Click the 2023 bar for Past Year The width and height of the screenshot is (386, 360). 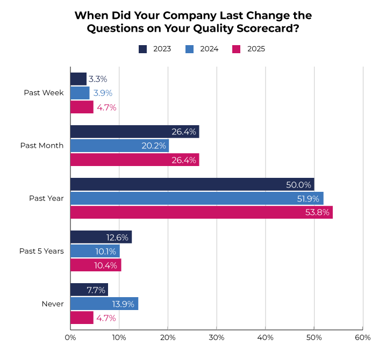[192, 184]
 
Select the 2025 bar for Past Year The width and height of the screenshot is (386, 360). [201, 212]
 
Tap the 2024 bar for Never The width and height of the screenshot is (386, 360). [104, 304]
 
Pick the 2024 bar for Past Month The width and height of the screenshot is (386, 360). [119, 146]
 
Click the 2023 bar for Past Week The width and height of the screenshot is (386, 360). [78, 79]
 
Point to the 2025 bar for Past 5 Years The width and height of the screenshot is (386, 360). [96, 265]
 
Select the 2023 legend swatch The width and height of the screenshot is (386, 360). [143, 49]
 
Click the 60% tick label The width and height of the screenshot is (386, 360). [362, 337]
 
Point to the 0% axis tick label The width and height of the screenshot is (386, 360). [70, 337]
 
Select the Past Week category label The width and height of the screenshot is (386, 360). [44, 93]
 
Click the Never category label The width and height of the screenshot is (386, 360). [53, 304]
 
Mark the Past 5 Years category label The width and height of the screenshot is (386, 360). [41, 251]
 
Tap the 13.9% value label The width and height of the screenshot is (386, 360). [123, 304]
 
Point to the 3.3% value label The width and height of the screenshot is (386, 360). [98, 79]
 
